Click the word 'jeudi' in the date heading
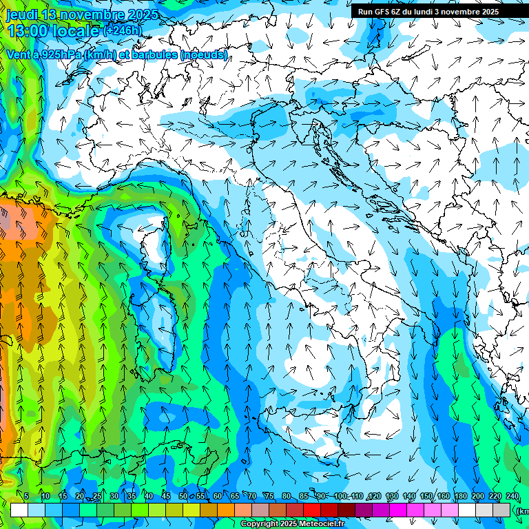pos(23,14)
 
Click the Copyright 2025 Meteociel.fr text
pos(292,524)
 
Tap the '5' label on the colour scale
pos(26,496)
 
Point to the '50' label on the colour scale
pos(183,496)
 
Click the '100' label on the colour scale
pos(340,496)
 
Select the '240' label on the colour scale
pos(512,496)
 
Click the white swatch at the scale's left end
pos(19,510)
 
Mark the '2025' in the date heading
pos(143,14)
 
